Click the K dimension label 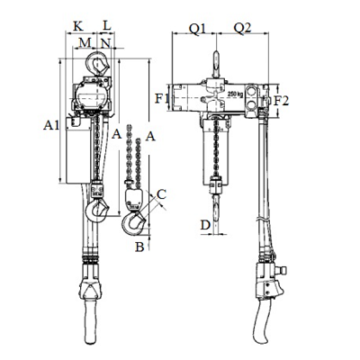pyautogui.click(x=78, y=26)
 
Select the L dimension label pyautogui.click(x=107, y=26)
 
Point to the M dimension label pyautogui.click(x=85, y=43)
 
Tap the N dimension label pyautogui.click(x=105, y=43)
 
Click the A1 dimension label pyautogui.click(x=51, y=125)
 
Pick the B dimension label pyautogui.click(x=139, y=247)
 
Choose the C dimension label pyautogui.click(x=161, y=194)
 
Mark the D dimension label pyautogui.click(x=205, y=225)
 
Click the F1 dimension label pyautogui.click(x=162, y=98)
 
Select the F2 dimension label pyautogui.click(x=282, y=101)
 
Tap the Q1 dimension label pyautogui.click(x=198, y=29)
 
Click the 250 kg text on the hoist pyautogui.click(x=236, y=94)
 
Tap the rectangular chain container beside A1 pyautogui.click(x=78, y=150)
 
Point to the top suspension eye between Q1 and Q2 pyautogui.click(x=216, y=65)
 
